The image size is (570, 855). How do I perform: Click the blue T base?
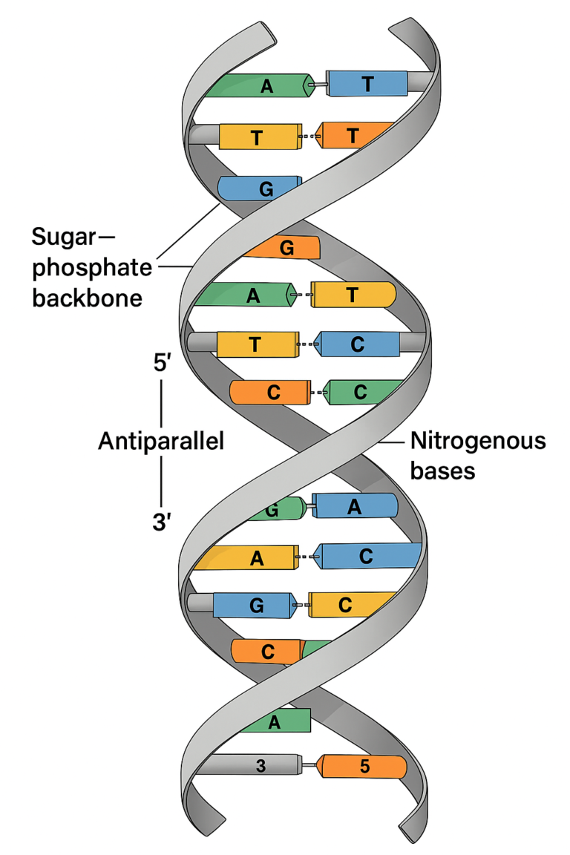(367, 83)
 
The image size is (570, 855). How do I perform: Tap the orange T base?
(353, 136)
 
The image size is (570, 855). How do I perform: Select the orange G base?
(286, 247)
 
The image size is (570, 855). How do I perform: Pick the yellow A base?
(256, 559)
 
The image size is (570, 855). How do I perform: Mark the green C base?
(361, 393)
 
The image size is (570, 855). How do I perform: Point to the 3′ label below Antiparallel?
(161, 522)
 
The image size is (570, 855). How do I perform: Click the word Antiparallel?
(161, 442)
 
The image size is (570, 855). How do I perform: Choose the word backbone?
(87, 298)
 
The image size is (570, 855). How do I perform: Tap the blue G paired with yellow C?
(257, 605)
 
